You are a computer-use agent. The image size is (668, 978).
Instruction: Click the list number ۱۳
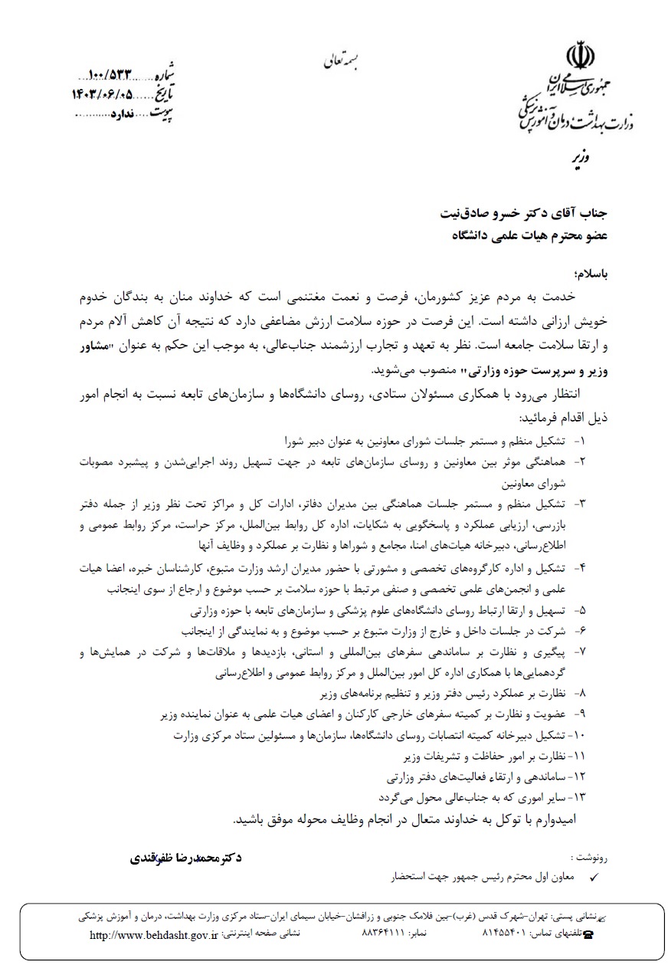(x=579, y=796)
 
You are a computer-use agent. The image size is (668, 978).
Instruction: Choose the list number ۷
(x=581, y=651)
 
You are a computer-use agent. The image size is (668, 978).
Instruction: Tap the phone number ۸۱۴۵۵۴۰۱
(x=503, y=935)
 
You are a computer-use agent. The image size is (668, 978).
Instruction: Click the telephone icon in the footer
(x=588, y=936)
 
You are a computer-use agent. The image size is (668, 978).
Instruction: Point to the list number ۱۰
(x=578, y=736)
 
